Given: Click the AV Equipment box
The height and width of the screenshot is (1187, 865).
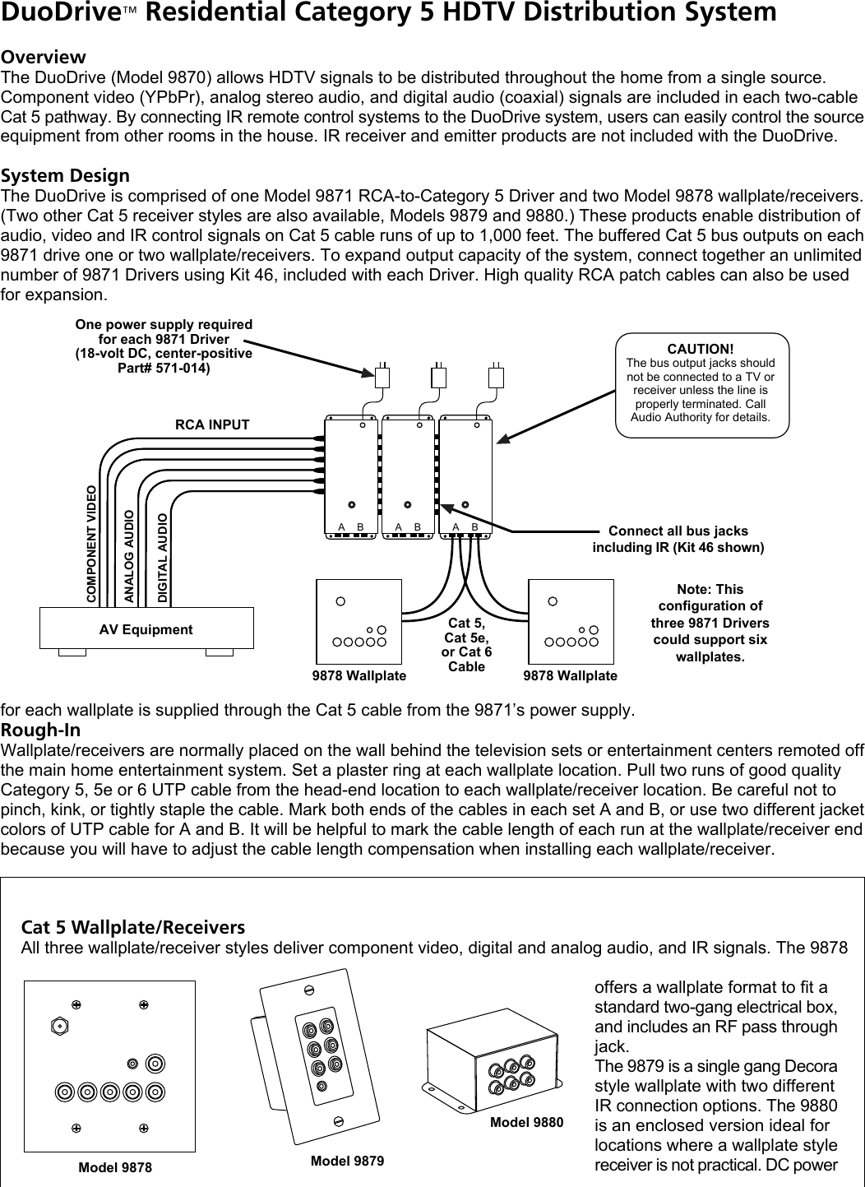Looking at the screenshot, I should tap(146, 628).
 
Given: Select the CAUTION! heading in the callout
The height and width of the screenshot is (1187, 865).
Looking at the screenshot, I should tap(701, 349).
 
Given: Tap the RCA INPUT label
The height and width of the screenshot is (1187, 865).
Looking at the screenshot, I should tap(212, 424).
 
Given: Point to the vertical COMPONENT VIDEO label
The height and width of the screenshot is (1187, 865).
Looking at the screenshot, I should tap(92, 545).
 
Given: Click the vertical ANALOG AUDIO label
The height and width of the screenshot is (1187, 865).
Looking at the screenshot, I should tap(129, 556).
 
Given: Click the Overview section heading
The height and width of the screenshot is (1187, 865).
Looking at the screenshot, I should tap(43, 57).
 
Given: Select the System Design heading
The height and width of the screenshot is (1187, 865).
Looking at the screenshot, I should tap(65, 175).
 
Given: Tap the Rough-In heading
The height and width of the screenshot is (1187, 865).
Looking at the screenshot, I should tap(40, 730).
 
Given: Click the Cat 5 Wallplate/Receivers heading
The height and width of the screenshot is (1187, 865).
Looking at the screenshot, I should tap(132, 927).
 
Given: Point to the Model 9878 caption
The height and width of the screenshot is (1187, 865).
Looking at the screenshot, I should tap(115, 1167).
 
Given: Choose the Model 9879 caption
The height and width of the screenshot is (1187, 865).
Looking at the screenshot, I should tap(347, 1161).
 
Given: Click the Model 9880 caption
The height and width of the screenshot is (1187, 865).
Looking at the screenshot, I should tap(526, 1122).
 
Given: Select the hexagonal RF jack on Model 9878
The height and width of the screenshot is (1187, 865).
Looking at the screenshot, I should tap(59, 1026).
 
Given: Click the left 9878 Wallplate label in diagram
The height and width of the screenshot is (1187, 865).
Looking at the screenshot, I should tap(359, 675).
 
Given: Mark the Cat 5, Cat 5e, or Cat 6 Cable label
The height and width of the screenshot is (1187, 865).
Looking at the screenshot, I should tap(466, 645).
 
